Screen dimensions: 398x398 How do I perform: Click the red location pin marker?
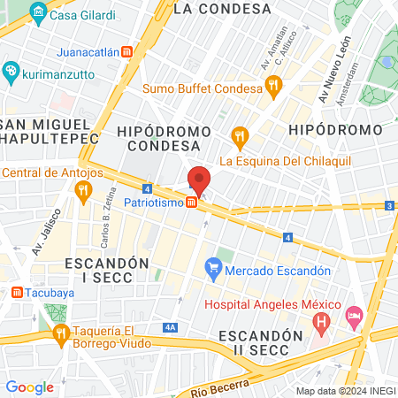click(x=199, y=180)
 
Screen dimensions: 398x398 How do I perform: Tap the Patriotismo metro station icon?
click(x=192, y=203)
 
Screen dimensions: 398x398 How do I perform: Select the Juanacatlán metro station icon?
click(x=128, y=52)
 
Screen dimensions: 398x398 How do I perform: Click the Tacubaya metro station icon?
click(x=17, y=293)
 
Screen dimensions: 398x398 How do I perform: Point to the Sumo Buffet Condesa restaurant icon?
click(x=272, y=88)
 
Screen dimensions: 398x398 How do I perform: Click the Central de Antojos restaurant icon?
click(x=83, y=188)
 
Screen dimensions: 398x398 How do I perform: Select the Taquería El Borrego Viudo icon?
click(x=61, y=333)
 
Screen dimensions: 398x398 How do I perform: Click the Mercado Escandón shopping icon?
click(x=213, y=265)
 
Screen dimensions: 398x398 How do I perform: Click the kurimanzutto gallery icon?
click(x=10, y=71)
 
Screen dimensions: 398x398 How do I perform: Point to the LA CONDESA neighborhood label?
click(x=222, y=9)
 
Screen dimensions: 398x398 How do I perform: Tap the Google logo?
click(x=30, y=387)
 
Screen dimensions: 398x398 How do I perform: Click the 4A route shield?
click(x=171, y=327)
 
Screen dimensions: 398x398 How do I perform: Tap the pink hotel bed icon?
click(x=354, y=315)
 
